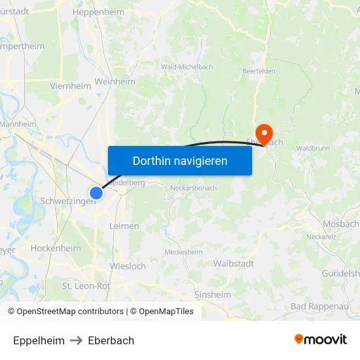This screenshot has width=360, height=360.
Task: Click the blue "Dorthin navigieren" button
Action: [x=180, y=160]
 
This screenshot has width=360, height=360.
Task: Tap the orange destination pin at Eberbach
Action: [x=264, y=134]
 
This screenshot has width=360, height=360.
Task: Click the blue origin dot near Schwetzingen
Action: [x=96, y=192]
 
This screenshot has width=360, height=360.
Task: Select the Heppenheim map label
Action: [x=98, y=12]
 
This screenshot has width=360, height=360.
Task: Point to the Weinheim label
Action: [x=115, y=82]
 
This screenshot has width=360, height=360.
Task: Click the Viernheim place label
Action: [x=70, y=86]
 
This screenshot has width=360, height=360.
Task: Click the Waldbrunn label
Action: [x=313, y=149]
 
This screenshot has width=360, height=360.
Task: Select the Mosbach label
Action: [x=340, y=224]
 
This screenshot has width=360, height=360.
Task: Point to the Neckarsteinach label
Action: [x=193, y=188]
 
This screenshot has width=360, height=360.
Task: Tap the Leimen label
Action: [x=124, y=226]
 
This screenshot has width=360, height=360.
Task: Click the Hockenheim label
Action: [x=56, y=249]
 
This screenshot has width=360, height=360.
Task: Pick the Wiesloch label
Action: [x=128, y=266]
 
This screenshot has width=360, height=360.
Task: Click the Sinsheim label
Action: [x=213, y=295]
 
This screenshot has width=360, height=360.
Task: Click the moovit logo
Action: [x=321, y=340]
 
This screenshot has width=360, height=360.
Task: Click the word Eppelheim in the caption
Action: [x=39, y=340]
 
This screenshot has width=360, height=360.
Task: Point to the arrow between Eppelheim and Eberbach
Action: [x=76, y=340]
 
